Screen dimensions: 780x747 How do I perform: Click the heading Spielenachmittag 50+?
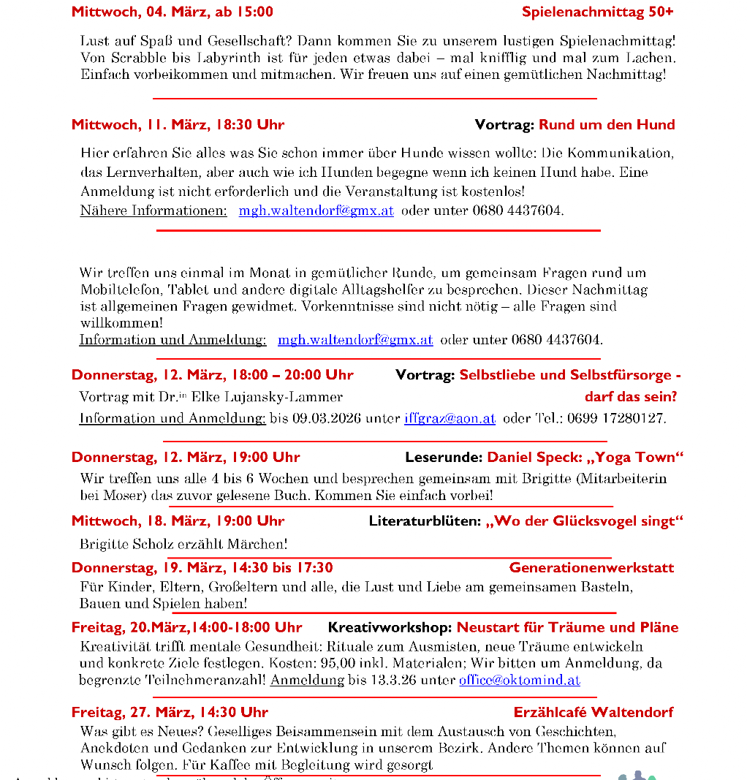(597, 12)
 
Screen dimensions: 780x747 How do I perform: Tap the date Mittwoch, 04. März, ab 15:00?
(172, 12)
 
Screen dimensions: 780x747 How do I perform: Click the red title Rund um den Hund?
(607, 125)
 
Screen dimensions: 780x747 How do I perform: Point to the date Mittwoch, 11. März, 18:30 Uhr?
(178, 125)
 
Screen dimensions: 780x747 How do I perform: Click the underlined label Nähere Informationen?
(153, 211)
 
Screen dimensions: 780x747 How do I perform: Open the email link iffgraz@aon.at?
(450, 419)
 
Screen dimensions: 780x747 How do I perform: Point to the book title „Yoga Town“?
(635, 458)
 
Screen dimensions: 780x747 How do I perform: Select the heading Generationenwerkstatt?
(591, 568)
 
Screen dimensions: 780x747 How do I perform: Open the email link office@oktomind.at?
(519, 680)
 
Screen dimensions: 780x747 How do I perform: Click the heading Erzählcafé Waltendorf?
(593, 713)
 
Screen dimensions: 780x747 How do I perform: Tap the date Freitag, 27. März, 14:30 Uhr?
(170, 713)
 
